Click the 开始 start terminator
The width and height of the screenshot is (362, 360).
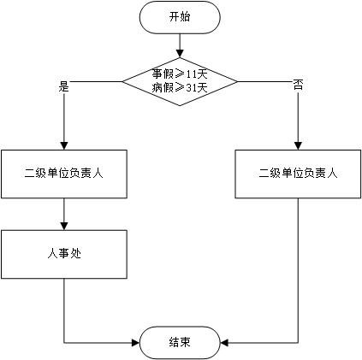(180, 17)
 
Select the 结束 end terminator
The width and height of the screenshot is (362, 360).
(180, 342)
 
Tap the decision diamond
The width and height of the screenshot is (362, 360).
(180, 81)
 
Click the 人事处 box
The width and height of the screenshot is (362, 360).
(64, 254)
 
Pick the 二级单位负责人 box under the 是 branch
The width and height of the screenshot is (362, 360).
(64, 174)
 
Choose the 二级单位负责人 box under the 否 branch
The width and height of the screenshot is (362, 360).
(298, 174)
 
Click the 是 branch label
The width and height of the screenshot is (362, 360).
(64, 86)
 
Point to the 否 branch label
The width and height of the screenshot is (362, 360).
(298, 85)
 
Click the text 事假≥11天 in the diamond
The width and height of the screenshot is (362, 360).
(180, 74)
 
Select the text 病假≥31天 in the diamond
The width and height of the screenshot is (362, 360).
(180, 88)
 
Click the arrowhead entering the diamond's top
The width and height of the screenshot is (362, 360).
(180, 54)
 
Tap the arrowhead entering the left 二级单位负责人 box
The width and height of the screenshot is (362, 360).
(64, 145)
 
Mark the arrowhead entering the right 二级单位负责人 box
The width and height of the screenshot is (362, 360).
(298, 145)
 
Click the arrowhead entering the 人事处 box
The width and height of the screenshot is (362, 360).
(64, 226)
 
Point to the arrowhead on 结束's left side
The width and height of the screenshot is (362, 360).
(135, 342)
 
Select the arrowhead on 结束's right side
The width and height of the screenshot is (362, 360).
(224, 342)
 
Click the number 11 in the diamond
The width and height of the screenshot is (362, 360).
(191, 74)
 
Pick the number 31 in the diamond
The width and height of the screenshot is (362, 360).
(191, 88)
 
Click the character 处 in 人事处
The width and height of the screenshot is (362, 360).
(75, 253)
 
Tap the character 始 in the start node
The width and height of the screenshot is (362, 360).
(186, 17)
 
